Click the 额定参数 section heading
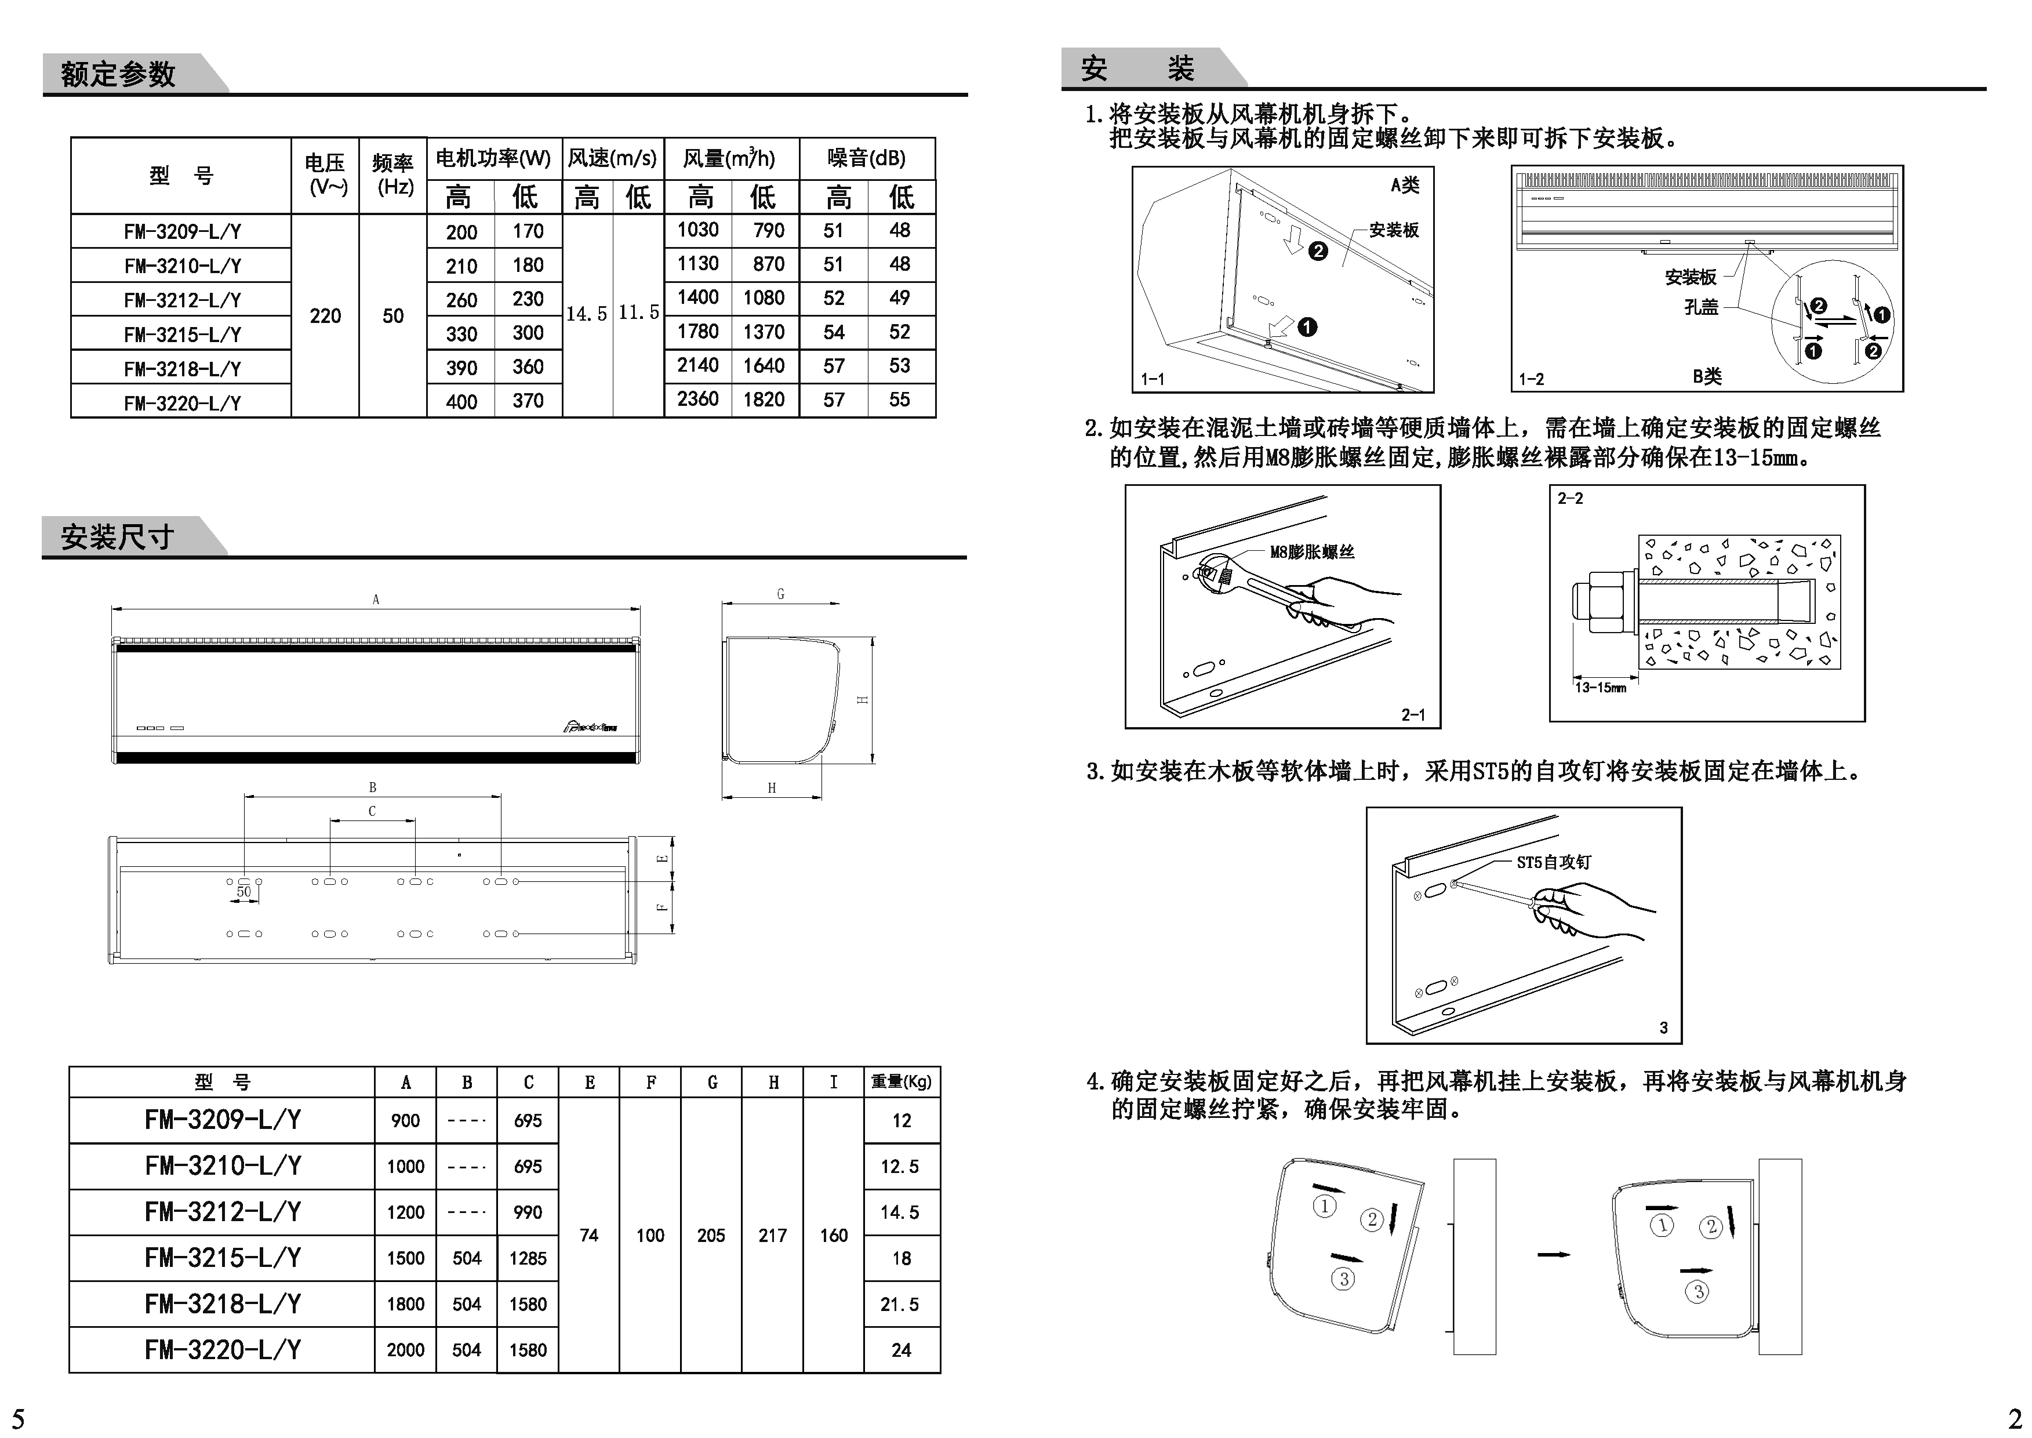(118, 74)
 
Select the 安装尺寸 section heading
(117, 536)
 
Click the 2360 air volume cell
(697, 400)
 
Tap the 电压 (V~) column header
(325, 175)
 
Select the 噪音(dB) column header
(866, 158)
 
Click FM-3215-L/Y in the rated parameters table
(183, 335)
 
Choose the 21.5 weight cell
(900, 1303)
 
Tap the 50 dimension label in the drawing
(243, 892)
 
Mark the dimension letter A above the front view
(376, 600)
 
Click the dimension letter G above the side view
(780, 594)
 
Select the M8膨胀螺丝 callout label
(1311, 551)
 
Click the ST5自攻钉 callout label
(1553, 862)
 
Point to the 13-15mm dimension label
(1600, 687)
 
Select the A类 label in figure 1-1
(1404, 185)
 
